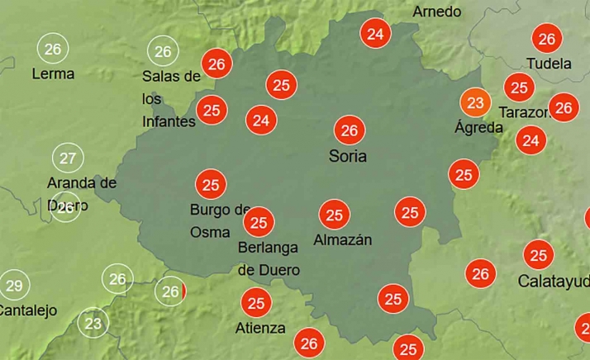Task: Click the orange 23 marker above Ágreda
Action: pos(475,102)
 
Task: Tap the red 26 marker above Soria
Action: pos(350,130)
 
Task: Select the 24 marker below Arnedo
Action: pos(375,34)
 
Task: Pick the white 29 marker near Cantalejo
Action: pos(13,287)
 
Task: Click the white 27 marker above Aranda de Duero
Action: pos(68,158)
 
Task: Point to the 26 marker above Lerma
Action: pos(53,49)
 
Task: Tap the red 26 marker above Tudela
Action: pos(546,38)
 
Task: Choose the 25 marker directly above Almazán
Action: pos(334,216)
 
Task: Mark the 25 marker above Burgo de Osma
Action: pos(211,184)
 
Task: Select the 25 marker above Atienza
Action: pos(256,303)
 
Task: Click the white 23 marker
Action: pos(93,324)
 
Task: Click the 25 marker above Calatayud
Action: pos(539,255)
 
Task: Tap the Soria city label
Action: pos(348,155)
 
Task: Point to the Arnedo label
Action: pos(437,12)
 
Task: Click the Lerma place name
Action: pos(53,73)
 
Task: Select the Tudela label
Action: pos(549,63)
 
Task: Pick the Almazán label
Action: pos(343,240)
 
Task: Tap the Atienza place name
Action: pos(260,328)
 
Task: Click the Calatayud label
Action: pos(554,282)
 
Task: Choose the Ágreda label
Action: pos(478,127)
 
